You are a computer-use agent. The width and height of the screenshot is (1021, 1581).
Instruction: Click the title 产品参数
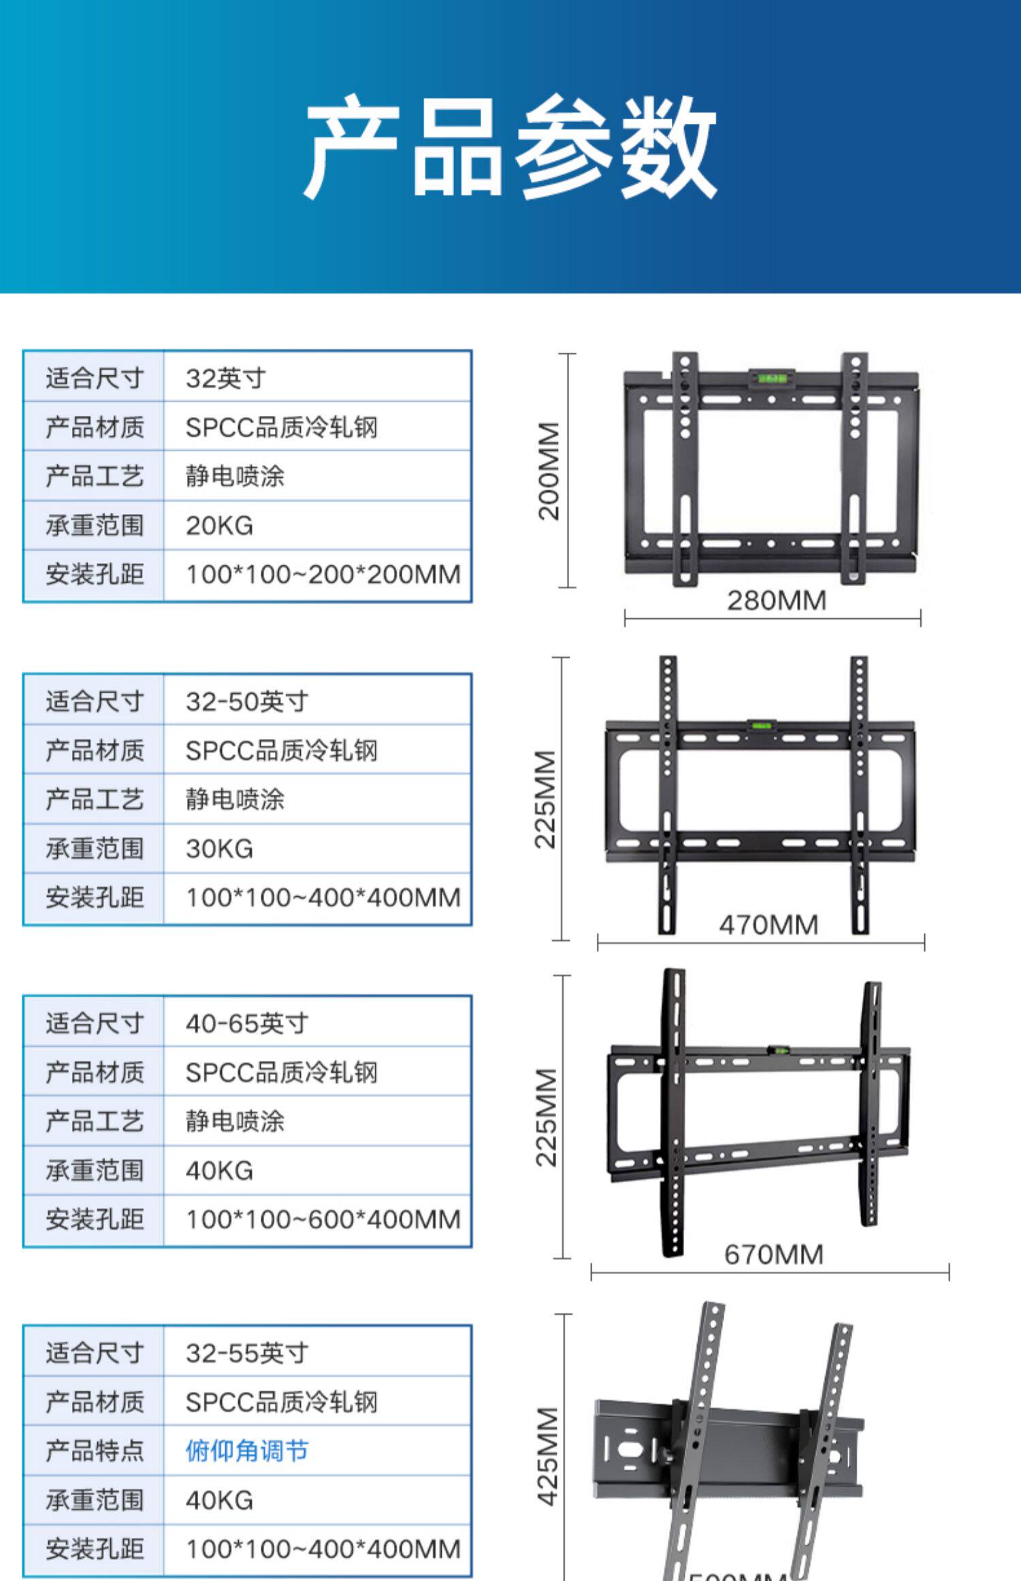point(510,146)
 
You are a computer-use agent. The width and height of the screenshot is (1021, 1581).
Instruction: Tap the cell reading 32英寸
point(225,378)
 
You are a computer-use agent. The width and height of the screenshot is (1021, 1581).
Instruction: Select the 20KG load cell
point(219,525)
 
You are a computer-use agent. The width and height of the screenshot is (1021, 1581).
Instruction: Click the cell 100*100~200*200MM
point(323,574)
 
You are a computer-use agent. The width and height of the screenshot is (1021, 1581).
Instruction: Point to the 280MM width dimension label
point(776,601)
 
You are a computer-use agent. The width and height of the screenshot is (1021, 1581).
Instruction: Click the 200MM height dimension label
point(549,471)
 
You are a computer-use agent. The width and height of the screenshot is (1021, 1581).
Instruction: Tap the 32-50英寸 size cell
point(246,701)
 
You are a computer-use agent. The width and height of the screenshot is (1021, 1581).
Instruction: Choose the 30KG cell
point(219,848)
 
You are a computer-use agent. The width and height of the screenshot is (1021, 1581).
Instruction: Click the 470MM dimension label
point(768,925)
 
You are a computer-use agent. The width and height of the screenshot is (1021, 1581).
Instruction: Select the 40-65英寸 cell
point(246,1023)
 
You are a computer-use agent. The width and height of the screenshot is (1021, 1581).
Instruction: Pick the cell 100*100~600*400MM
point(323,1219)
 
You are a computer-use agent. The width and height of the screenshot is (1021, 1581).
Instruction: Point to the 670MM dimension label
point(773,1254)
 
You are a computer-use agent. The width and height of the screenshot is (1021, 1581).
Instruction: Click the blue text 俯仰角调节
point(246,1451)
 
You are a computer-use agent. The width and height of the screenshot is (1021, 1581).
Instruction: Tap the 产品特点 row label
point(95,1451)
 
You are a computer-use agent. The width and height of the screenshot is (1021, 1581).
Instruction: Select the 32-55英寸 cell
point(246,1353)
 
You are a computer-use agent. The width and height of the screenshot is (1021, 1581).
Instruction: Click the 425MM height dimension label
point(547,1456)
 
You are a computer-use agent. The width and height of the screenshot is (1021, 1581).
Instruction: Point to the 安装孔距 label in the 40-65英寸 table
point(95,1219)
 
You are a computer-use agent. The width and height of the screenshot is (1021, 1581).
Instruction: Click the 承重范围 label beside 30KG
point(95,848)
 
